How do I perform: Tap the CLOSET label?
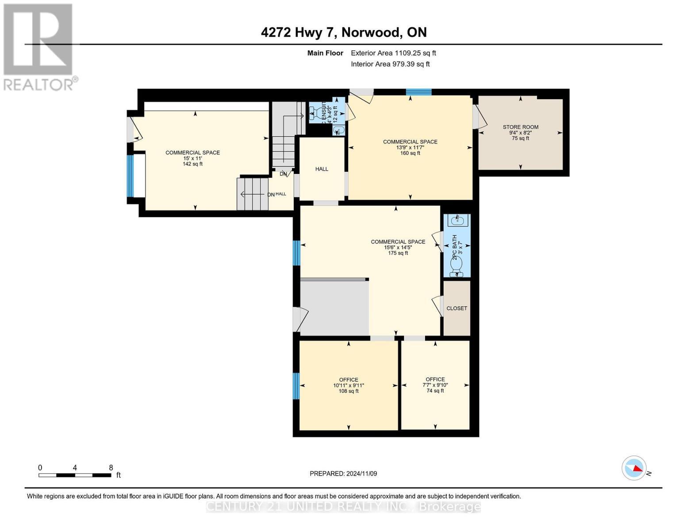(x=457, y=308)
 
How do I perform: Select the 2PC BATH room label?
(x=454, y=247)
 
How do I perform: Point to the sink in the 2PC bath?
(x=457, y=220)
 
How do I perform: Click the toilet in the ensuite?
(x=318, y=112)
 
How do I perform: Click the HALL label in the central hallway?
(x=322, y=169)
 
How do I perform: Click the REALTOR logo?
(x=39, y=46)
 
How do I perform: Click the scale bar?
(x=75, y=475)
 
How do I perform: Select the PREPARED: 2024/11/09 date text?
(x=343, y=473)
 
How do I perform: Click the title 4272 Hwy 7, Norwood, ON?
(x=344, y=32)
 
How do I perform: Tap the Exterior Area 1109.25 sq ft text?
(x=393, y=53)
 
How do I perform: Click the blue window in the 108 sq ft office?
(x=296, y=386)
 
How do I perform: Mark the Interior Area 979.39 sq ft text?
(x=390, y=64)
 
